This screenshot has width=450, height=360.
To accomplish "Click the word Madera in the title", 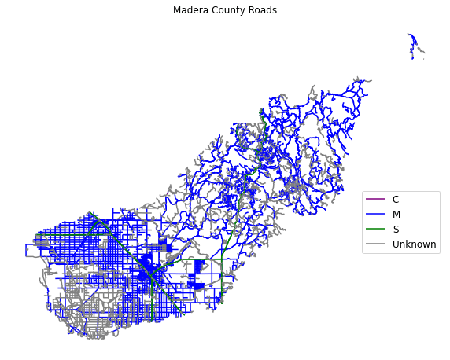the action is (x=190, y=10).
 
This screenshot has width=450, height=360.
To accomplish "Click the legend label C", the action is (x=396, y=200).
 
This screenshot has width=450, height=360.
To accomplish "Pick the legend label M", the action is (x=397, y=215).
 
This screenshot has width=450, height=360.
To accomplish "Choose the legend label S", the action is (x=396, y=230).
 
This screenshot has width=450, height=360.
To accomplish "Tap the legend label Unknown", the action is (x=414, y=244).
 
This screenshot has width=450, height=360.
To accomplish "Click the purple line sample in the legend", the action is (x=375, y=200).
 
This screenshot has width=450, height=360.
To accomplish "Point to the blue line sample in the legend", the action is (x=375, y=215).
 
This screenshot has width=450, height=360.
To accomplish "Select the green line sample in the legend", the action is (x=375, y=230).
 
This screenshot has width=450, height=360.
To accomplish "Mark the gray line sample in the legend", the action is (x=375, y=244).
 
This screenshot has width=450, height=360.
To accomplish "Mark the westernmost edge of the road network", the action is (x=26, y=250).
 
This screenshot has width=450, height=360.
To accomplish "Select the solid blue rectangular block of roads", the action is (x=199, y=268).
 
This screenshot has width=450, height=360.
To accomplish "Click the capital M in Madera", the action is (x=177, y=10).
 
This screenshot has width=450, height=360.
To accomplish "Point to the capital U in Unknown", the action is (x=396, y=244).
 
